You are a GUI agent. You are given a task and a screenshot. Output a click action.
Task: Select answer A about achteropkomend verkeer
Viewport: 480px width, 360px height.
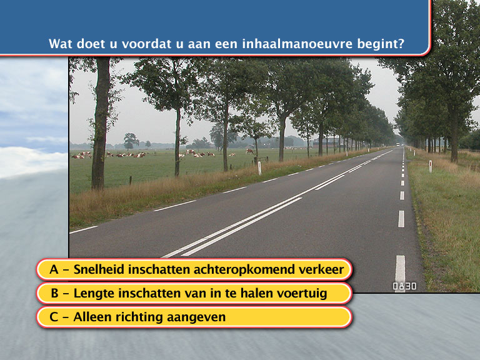coord(194,269)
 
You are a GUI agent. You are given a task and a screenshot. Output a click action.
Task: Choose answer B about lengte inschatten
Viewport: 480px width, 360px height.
coord(194,293)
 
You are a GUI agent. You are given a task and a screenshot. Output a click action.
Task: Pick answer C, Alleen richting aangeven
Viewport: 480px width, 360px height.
coord(194,317)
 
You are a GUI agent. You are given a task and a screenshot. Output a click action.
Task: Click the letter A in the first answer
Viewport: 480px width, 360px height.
coord(54,269)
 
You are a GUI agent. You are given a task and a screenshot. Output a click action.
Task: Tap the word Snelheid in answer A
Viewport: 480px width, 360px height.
coord(99,269)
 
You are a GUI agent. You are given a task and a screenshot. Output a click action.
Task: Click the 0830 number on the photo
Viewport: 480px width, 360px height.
coord(404,286)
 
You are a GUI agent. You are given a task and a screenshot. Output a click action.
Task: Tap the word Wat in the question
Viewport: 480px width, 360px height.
coord(61,44)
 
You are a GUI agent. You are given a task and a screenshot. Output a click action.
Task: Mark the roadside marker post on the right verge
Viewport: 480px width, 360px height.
coord(431,166)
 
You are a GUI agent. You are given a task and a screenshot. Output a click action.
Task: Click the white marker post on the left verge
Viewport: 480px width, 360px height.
coord(259,168)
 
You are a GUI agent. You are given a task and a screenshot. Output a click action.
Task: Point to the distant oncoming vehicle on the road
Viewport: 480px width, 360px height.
coord(397,144)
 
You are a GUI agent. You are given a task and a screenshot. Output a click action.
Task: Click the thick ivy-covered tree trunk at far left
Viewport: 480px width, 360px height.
coord(101,123)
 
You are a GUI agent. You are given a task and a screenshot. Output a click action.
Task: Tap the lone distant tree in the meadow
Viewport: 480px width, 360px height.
coord(131,141)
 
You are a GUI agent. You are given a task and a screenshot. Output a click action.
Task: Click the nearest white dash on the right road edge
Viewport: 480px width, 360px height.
coord(400,273)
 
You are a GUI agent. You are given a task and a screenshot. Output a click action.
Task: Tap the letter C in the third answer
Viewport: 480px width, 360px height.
coord(54,317)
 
